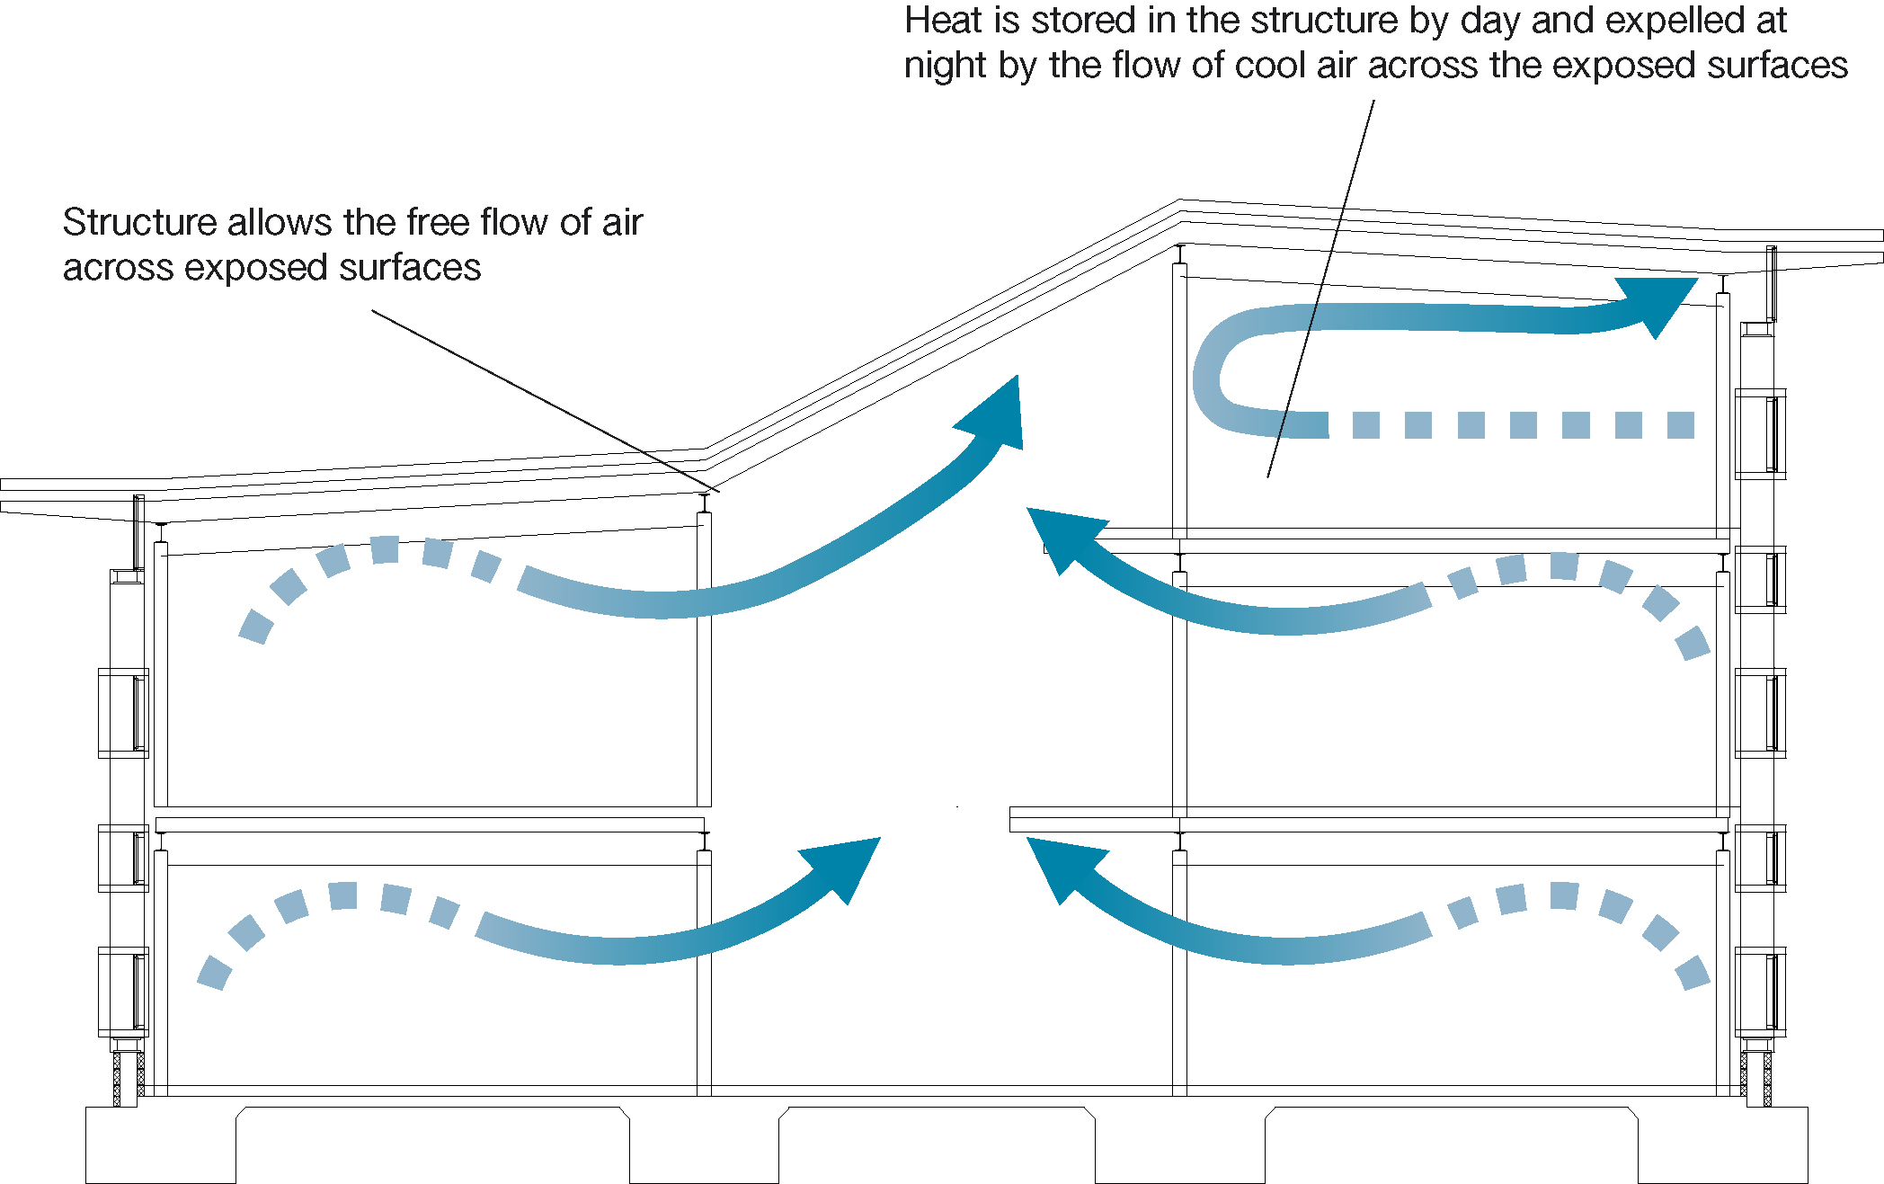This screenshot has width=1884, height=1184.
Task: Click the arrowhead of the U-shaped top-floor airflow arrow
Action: click(1659, 302)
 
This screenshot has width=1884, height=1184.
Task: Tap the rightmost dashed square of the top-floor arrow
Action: click(1680, 425)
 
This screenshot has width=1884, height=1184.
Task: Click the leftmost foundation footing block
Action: click(160, 1144)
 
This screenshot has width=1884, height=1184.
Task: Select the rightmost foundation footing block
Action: click(1721, 1144)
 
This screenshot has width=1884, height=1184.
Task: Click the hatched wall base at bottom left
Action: click(129, 1079)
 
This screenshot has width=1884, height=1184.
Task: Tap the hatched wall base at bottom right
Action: click(1755, 1079)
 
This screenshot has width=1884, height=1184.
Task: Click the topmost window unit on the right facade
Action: click(1759, 433)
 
